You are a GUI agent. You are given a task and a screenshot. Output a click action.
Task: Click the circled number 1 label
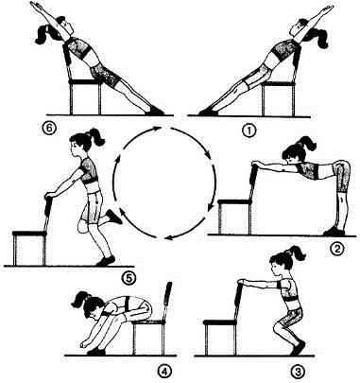pyautogui.click(x=249, y=131)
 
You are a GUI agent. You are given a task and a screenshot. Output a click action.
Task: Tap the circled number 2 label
pyautogui.click(x=336, y=249)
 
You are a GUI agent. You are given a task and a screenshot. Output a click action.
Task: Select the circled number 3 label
pyautogui.click(x=297, y=372)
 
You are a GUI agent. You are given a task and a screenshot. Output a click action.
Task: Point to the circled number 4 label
pyautogui.click(x=163, y=373)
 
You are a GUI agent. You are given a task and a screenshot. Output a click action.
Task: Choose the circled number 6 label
pyautogui.click(x=51, y=129)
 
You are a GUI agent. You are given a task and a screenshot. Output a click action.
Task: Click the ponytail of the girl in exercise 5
pyautogui.click(x=96, y=136)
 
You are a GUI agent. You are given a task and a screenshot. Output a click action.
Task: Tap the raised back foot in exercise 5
pyautogui.click(x=113, y=217)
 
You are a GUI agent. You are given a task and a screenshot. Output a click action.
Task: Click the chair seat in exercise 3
pyautogui.click(x=219, y=322)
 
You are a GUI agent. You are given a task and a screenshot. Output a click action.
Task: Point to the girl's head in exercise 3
pyautogui.click(x=280, y=264)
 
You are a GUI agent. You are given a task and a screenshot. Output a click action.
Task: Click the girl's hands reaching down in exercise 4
pyautogui.click(x=84, y=344)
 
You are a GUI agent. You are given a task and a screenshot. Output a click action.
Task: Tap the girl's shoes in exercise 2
pyautogui.click(x=334, y=231)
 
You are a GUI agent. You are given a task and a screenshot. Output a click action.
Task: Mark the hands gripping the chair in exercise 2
pyautogui.click(x=255, y=165)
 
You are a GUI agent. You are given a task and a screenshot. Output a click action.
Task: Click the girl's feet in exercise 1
pyautogui.click(x=209, y=112)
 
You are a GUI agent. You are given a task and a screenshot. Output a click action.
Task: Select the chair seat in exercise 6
pyautogui.click(x=85, y=82)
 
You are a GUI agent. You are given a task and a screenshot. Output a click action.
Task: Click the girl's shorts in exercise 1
pyautogui.click(x=258, y=77)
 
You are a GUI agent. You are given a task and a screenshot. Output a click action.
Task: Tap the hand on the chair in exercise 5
pyautogui.click(x=49, y=195)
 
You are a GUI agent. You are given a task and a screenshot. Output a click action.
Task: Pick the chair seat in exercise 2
pyautogui.click(x=234, y=201)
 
